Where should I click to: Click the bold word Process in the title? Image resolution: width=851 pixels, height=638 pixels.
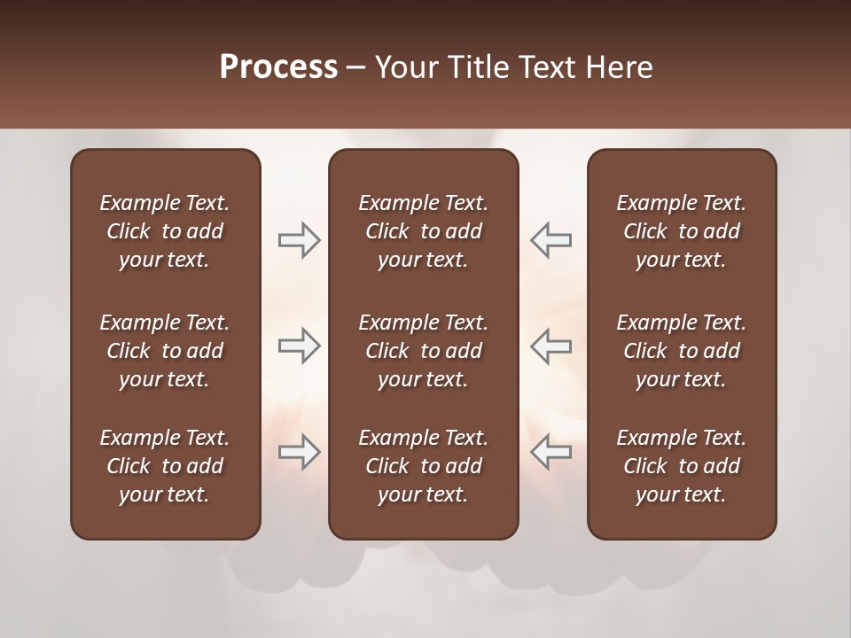tap(278, 67)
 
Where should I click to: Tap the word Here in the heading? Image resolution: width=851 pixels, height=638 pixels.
tap(618, 67)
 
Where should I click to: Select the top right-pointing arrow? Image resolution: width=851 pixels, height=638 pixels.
tap(299, 240)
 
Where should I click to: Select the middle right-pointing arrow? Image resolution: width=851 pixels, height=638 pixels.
tap(299, 346)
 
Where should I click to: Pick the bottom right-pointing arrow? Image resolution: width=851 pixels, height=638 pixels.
tap(299, 452)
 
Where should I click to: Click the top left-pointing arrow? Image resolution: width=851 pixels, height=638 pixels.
tap(551, 240)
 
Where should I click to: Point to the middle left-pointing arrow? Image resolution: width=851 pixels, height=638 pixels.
tap(551, 346)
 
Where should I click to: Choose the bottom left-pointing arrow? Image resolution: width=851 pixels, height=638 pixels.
tap(551, 452)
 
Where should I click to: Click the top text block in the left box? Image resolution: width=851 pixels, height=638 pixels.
tap(165, 231)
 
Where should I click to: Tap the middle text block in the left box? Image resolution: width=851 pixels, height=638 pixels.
tap(165, 351)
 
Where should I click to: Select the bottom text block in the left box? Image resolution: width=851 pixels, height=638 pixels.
tap(165, 466)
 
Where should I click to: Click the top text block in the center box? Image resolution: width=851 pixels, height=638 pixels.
tap(424, 231)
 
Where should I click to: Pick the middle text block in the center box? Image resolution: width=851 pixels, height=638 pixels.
tap(424, 351)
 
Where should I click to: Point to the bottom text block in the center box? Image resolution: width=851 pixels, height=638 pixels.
tap(424, 466)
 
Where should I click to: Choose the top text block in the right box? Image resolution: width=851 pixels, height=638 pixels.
tap(682, 231)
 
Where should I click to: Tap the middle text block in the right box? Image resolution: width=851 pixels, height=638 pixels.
tap(682, 351)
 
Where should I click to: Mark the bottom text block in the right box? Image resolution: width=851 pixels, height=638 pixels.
tap(682, 466)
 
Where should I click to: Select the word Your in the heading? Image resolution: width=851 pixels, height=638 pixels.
tap(402, 67)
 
